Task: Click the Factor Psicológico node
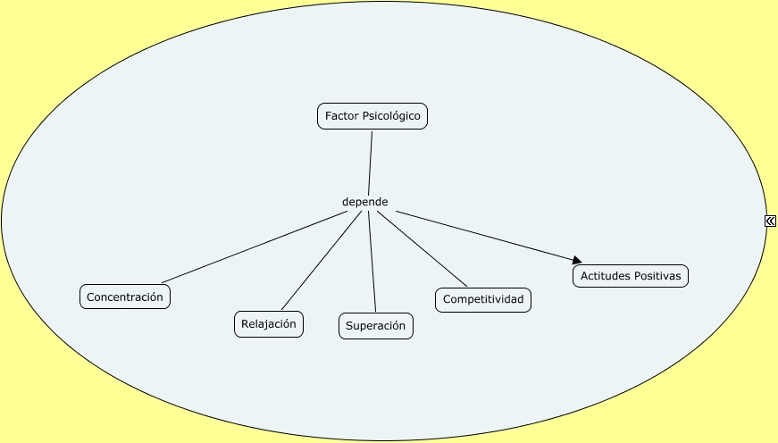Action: [x=372, y=117]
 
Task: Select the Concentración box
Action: [x=125, y=297]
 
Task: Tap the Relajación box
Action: [x=269, y=324]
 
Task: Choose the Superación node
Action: [x=376, y=326]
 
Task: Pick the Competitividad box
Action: [x=483, y=300]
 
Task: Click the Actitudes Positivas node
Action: [x=631, y=277]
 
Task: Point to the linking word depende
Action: [x=365, y=202]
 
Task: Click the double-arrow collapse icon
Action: [x=770, y=221]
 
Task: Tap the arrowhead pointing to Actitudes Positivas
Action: [x=577, y=260]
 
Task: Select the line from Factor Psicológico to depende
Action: [x=369, y=161]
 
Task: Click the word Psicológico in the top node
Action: [x=391, y=117]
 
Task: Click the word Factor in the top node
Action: [x=340, y=117]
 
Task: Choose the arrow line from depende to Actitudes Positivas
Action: [x=482, y=235]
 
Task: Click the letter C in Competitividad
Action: [x=447, y=300]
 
